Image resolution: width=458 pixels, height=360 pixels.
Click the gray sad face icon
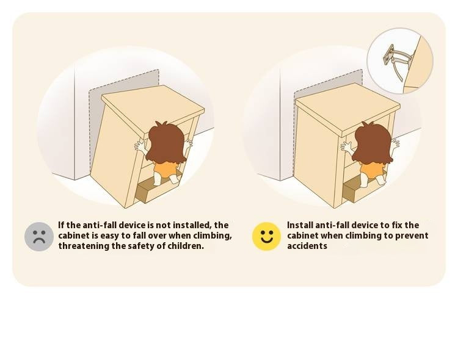39,237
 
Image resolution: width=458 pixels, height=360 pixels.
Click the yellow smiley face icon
266,237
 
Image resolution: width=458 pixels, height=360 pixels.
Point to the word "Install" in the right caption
300,225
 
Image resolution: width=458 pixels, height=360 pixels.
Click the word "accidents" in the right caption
307,246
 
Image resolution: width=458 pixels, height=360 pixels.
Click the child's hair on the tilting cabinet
167,143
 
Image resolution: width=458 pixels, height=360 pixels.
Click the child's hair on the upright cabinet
373,143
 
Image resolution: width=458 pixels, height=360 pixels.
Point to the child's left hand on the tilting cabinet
141,146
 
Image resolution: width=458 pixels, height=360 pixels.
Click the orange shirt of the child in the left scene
164,170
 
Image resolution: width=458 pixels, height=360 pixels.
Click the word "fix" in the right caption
397,225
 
